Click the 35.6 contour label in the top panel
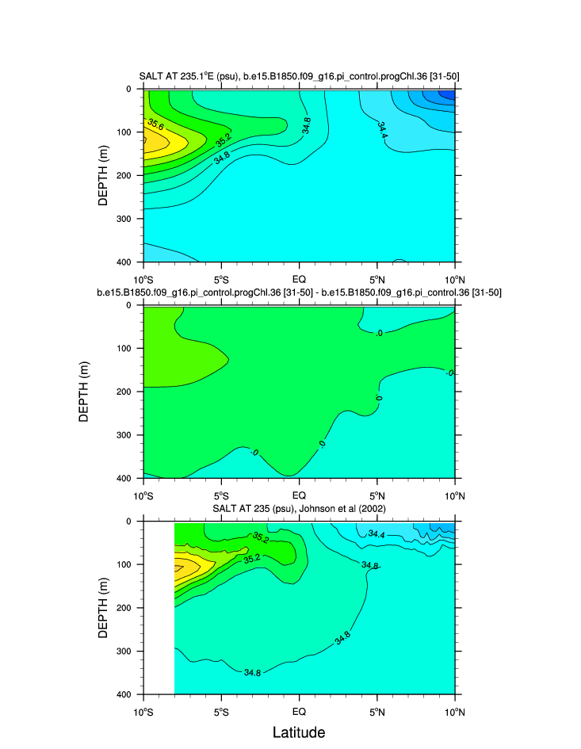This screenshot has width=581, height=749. [x=156, y=124]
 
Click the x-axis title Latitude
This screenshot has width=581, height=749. [x=299, y=732]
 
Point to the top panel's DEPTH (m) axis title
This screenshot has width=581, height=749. [x=102, y=174]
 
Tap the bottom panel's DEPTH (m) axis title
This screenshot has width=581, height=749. [x=102, y=607]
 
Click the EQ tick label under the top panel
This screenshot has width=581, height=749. [x=299, y=279]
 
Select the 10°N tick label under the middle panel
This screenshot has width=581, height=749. [x=454, y=496]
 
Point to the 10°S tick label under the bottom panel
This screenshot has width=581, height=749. [x=143, y=711]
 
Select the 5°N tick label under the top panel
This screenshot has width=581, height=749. [x=377, y=279]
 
